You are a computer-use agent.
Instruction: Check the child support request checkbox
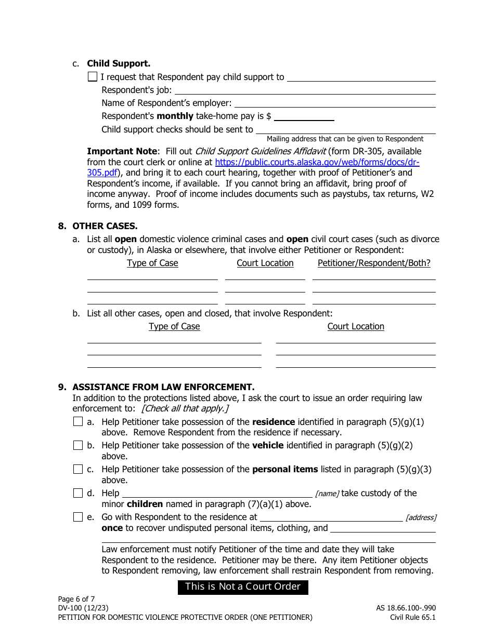click(x=93, y=77)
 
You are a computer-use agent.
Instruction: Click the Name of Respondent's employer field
click(x=334, y=103)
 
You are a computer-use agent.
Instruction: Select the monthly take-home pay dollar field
click(x=304, y=116)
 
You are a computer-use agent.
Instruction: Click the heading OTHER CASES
click(x=105, y=226)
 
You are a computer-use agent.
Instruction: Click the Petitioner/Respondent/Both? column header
click(x=374, y=263)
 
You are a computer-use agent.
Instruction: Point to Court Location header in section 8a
click(x=265, y=263)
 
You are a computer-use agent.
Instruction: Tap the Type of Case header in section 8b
click(x=174, y=326)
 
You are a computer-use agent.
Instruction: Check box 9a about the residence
click(x=78, y=422)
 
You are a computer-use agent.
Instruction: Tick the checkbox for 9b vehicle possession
click(x=78, y=445)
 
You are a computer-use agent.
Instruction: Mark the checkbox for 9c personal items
click(x=78, y=469)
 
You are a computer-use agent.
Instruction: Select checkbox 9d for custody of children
click(x=78, y=493)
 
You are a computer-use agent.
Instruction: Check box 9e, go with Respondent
click(x=78, y=517)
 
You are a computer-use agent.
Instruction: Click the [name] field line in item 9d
click(x=217, y=493)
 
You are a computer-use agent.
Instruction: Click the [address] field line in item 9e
click(x=331, y=517)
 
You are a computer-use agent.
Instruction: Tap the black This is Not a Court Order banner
click(x=243, y=587)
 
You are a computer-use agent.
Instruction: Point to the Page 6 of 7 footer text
click(x=76, y=599)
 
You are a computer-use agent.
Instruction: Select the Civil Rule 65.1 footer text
click(x=413, y=618)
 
